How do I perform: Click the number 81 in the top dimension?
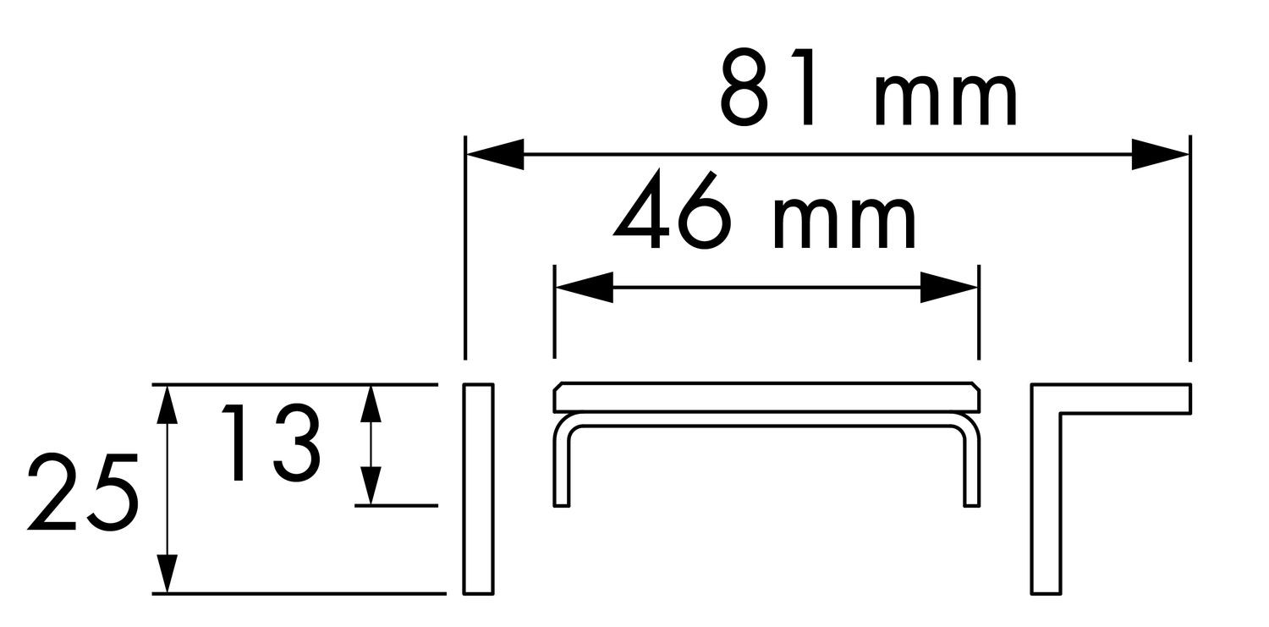point(766,86)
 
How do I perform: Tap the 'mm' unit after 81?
point(946,100)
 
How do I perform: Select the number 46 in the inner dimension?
point(669,210)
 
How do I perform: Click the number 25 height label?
point(83,492)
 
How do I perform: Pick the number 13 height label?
point(271,443)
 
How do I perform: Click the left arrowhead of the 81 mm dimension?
point(495,153)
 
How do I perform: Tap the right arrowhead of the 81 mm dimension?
point(1160,153)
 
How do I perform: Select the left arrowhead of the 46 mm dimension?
point(585,287)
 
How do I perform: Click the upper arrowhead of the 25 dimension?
point(166,404)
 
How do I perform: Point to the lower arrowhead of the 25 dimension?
point(166,573)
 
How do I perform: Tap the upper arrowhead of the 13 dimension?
point(371,404)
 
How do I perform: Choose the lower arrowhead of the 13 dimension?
point(371,485)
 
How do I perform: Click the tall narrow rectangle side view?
point(478,489)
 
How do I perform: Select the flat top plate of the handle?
point(766,397)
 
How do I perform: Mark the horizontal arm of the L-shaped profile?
point(1110,399)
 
